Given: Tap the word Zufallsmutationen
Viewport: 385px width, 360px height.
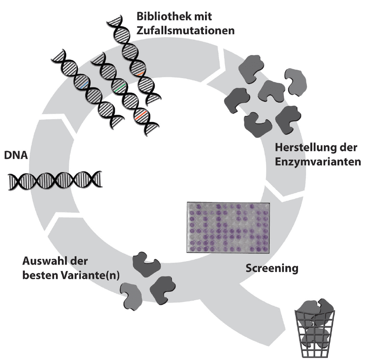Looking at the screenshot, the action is click(x=186, y=31).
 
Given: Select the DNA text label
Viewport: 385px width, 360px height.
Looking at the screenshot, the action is click(x=16, y=155).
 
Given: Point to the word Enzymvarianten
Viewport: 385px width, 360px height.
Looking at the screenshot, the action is click(x=318, y=162).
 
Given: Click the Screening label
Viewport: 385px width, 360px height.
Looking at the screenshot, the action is click(x=272, y=268).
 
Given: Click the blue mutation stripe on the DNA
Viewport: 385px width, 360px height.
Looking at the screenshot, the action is click(x=84, y=85).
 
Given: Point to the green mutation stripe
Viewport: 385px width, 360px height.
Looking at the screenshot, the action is click(x=120, y=88).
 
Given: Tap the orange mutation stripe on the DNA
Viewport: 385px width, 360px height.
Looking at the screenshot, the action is click(x=140, y=73).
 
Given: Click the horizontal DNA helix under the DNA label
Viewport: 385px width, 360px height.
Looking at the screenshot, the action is click(x=55, y=181).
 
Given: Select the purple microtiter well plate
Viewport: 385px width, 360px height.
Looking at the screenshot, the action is click(x=228, y=228).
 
